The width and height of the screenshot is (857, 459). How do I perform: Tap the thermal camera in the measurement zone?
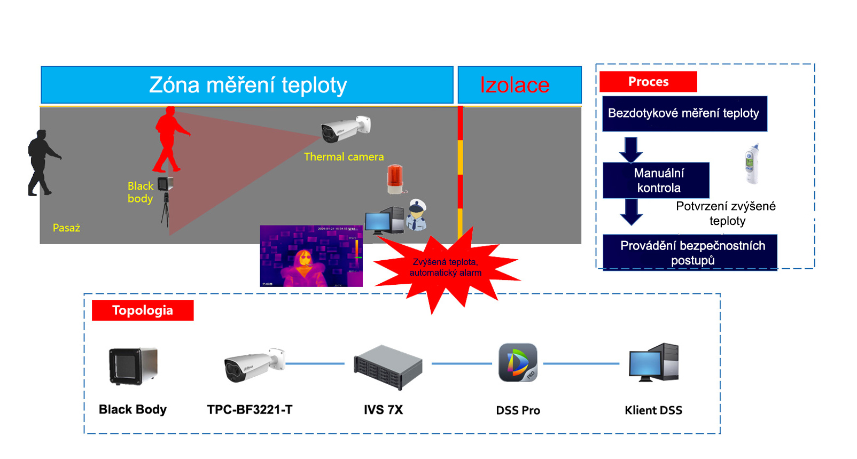(345, 129)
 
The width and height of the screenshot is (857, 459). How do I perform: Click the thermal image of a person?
(311, 256)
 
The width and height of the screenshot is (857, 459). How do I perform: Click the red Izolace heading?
(515, 85)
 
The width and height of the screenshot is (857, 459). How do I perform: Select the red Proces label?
(648, 82)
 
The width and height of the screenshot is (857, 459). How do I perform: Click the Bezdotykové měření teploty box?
(684, 113)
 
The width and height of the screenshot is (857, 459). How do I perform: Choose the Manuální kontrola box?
(656, 180)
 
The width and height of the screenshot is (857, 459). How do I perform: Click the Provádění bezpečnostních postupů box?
(690, 253)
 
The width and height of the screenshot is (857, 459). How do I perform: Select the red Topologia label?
(143, 310)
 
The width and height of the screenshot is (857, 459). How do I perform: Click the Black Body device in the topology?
(133, 366)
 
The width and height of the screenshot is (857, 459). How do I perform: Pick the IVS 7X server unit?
(388, 367)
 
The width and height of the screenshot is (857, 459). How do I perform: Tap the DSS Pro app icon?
(518, 363)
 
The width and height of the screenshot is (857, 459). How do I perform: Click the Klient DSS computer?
(654, 363)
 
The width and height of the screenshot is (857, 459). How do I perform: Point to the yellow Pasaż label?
(66, 228)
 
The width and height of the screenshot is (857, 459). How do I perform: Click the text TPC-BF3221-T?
(250, 410)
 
